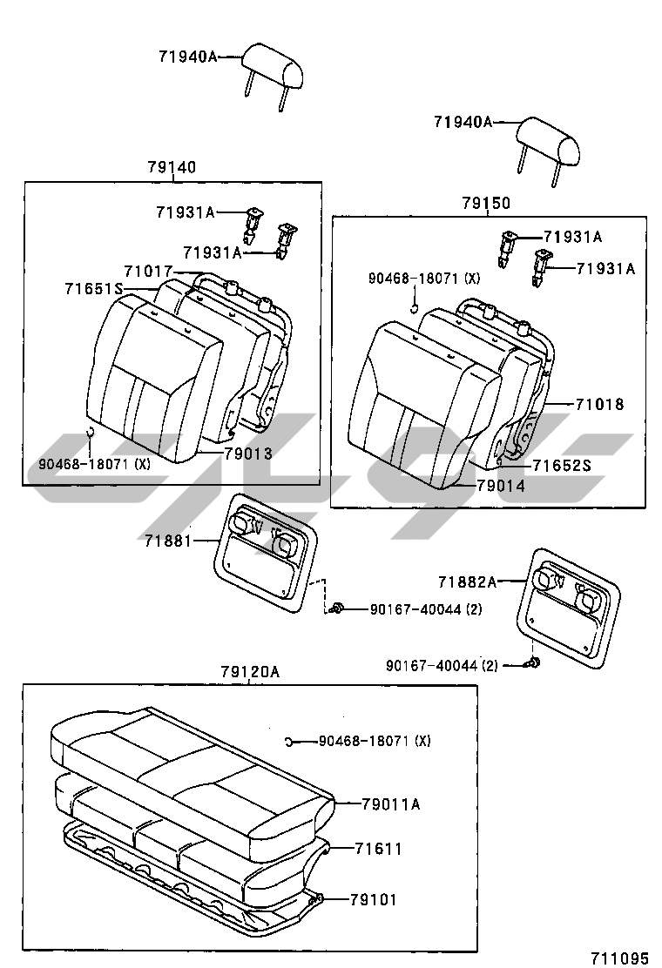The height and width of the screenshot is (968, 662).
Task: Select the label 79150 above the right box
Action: point(486,203)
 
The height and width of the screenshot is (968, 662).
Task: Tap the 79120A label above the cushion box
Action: point(249,672)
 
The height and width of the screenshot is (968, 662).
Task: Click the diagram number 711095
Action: point(619,958)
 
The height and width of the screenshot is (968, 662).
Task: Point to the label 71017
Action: point(148,272)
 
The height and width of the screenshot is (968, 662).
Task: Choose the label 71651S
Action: point(94,288)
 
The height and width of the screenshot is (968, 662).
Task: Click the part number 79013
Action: point(248,454)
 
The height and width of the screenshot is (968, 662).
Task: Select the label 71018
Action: point(599,405)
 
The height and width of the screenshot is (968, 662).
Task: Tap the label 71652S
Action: point(561,466)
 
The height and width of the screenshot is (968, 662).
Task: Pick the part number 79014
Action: point(501,487)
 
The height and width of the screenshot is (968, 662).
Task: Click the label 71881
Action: point(169,541)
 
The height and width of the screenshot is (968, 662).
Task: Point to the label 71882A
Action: point(468,581)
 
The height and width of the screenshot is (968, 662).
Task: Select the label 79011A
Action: point(391,803)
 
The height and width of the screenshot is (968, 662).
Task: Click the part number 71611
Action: point(379,849)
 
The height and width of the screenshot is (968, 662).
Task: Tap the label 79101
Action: point(374,899)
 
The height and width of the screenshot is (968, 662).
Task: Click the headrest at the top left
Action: point(272,68)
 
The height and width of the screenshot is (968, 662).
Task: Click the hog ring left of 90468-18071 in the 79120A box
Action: point(289,741)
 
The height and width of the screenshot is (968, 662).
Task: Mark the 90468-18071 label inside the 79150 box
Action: point(423,279)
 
